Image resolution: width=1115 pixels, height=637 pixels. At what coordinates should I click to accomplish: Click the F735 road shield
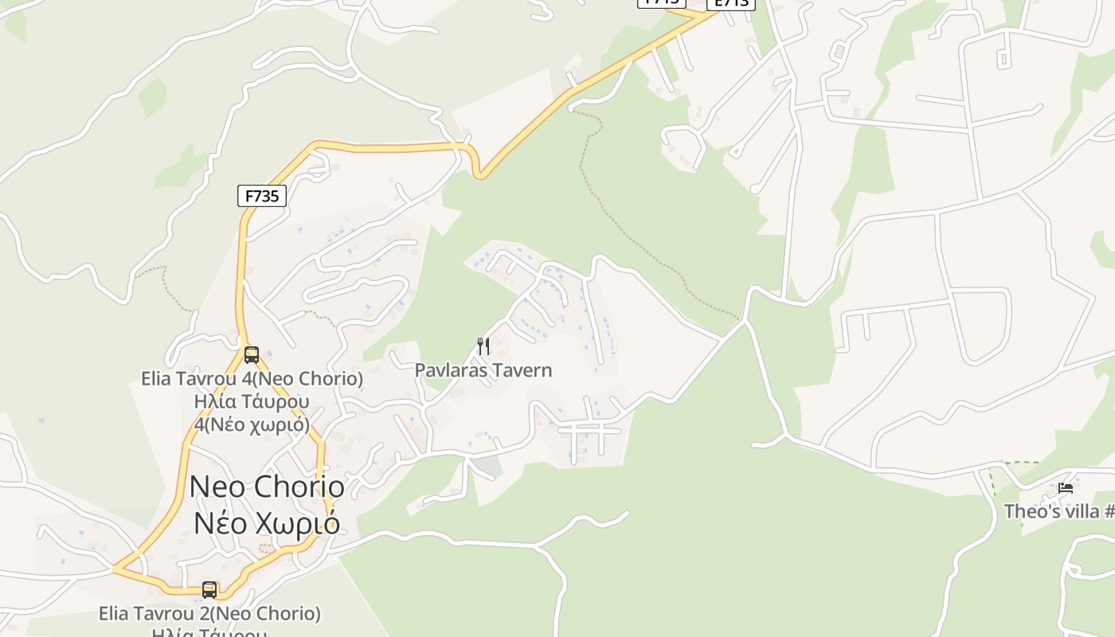point(261,196)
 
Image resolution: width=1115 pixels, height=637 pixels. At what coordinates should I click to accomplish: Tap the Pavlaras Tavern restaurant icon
point(483,346)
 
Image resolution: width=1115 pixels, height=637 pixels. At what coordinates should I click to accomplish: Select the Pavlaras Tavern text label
point(483,370)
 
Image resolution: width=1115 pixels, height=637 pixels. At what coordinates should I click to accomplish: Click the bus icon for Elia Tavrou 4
point(252,355)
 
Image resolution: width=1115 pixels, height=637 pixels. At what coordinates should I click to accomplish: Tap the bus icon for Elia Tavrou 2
point(209,590)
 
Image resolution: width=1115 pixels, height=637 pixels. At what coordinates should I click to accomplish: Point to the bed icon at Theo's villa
point(1066,488)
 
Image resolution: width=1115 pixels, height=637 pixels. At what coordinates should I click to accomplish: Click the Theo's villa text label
point(1058,511)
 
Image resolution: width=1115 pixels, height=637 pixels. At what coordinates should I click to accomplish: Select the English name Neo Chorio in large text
point(267,487)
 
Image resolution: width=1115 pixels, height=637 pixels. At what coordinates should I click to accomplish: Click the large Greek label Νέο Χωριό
point(267,523)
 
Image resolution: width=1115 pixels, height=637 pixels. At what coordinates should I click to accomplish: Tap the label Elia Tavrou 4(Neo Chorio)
point(252,379)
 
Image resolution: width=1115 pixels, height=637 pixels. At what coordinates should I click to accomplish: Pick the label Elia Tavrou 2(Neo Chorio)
point(209,614)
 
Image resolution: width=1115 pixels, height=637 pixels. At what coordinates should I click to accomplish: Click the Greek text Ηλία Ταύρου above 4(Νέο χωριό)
point(252,401)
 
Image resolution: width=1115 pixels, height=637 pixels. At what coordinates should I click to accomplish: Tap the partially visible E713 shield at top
point(730,4)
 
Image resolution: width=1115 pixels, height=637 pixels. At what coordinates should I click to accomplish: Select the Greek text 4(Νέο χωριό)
point(252,424)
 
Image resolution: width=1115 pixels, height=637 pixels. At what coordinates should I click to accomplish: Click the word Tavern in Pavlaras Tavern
point(522,370)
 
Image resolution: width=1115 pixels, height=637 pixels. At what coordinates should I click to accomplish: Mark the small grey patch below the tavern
point(487,466)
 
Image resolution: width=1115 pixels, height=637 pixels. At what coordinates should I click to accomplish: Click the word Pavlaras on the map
point(451,370)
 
